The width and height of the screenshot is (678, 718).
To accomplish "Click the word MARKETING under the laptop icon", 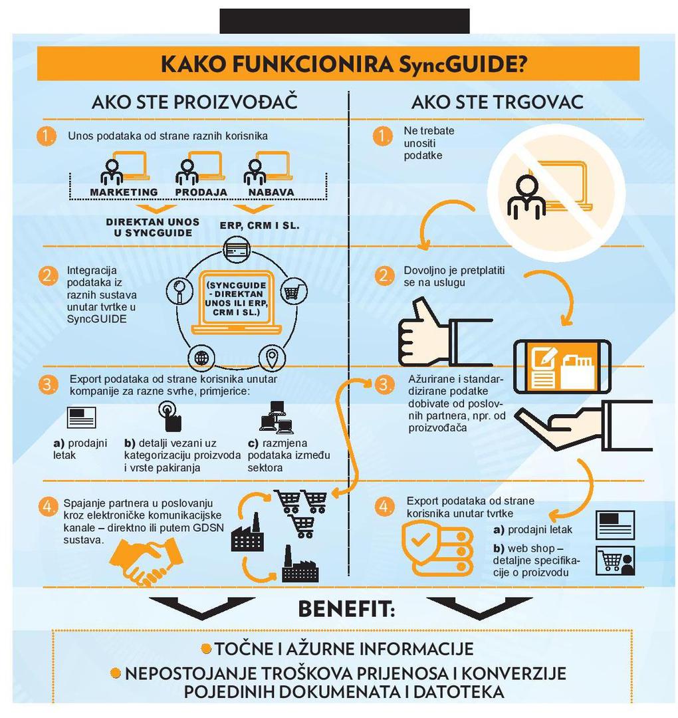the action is pos(124,192).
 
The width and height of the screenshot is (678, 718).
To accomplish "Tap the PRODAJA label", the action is pos(201,192).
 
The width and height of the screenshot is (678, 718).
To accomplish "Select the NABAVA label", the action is pos(271,192).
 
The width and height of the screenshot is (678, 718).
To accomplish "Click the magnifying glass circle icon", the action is pos(179,291).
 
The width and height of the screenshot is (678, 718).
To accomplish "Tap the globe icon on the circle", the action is pos(201,357).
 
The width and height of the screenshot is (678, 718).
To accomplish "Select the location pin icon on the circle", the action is pos(272,357).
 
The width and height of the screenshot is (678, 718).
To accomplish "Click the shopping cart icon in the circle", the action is pos(293,291).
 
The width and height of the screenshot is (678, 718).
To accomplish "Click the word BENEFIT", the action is pos(346,610).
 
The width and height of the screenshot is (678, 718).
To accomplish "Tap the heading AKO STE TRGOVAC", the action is pos(497,102).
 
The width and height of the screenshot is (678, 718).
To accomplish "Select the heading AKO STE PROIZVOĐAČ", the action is pos(195,101).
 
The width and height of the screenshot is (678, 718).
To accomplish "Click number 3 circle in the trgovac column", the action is pos(384,385).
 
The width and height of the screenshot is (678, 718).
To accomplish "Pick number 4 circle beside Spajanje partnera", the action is pos(48,507).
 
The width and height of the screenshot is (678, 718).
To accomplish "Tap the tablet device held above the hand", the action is pos(562,366).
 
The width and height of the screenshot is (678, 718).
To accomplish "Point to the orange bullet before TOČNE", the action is pos(207,648).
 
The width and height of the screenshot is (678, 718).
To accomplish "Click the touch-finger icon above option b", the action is pos(170,416).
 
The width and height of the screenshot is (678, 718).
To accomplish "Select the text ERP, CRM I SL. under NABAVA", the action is pos(260,226).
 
